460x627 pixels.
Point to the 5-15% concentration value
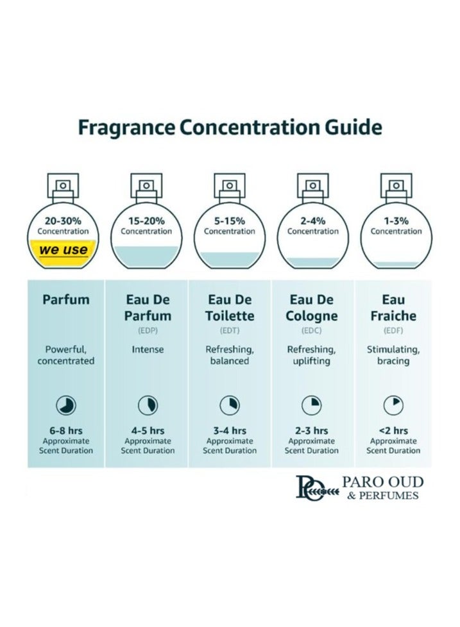(x=230, y=221)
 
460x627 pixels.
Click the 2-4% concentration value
(x=312, y=221)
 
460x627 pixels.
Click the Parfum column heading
(x=65, y=299)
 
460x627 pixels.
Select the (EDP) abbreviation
(x=147, y=331)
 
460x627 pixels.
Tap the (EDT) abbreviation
(x=230, y=331)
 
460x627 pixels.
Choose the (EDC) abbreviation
(x=312, y=331)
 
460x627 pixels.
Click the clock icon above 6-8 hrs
(x=65, y=405)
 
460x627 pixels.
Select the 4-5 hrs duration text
(x=148, y=431)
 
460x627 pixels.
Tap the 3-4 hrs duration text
(x=230, y=431)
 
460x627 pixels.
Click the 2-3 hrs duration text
(x=312, y=431)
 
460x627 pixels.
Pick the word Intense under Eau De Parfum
(x=148, y=350)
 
